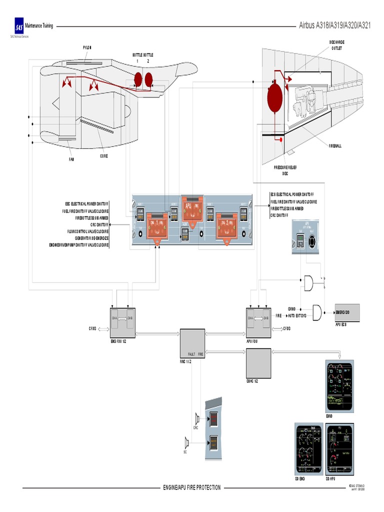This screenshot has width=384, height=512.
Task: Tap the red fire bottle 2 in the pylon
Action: (148, 78)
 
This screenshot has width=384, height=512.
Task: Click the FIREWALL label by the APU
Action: (335, 145)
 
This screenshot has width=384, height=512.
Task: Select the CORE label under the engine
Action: (103, 156)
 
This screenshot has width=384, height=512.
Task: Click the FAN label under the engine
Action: (71, 159)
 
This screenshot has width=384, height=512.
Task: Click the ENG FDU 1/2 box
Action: (122, 321)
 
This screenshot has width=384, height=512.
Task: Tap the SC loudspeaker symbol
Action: (186, 441)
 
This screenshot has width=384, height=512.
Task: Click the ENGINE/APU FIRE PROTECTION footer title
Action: (192, 487)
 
